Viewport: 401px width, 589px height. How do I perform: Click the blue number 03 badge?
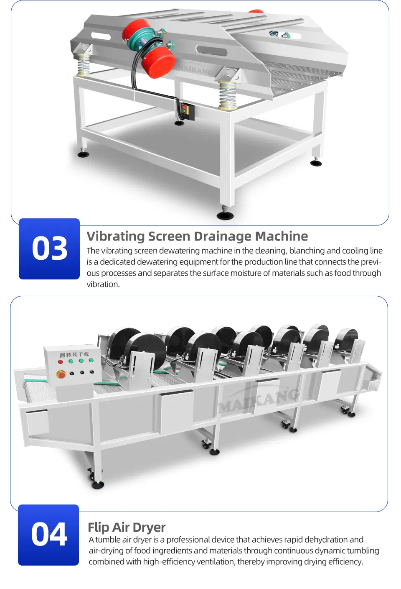coord(49,248)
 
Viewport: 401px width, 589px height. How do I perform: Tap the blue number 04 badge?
coord(48,535)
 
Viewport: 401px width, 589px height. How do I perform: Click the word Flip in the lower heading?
coord(98,528)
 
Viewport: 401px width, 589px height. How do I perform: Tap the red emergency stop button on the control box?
coord(61,374)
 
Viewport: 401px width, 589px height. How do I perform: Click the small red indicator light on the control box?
coord(60,361)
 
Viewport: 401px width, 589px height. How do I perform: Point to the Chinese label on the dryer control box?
coord(74,355)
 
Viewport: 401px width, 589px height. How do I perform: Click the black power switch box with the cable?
coord(185,110)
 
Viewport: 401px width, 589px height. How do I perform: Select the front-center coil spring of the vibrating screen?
coord(228,95)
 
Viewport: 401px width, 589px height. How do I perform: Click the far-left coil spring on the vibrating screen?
coord(83,65)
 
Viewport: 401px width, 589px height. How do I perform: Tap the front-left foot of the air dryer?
coord(98,484)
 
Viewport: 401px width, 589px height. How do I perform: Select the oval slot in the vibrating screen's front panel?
coord(211,51)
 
